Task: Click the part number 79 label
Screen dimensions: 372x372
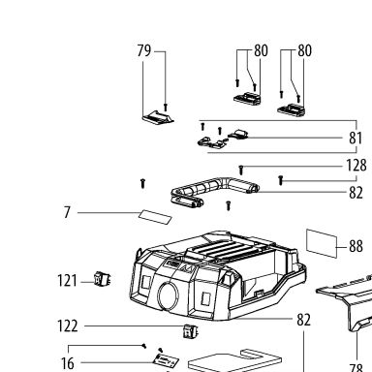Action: click(x=144, y=50)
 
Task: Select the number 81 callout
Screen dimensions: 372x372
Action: click(x=356, y=138)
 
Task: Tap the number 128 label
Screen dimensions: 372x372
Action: click(x=356, y=166)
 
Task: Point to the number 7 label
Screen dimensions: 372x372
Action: click(x=67, y=212)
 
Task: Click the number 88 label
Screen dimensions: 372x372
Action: click(x=356, y=246)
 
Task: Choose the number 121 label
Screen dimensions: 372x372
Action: click(x=67, y=281)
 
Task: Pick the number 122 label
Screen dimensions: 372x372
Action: click(x=68, y=326)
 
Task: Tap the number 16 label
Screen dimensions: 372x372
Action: click(x=68, y=363)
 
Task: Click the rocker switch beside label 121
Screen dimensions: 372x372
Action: click(x=103, y=279)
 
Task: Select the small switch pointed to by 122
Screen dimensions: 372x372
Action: click(x=191, y=331)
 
